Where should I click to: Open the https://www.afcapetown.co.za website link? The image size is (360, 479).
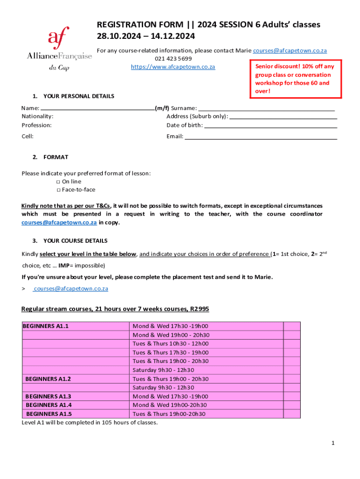pos(173,67)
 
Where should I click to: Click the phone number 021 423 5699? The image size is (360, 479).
pos(173,58)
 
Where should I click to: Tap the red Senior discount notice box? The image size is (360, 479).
pos(295,79)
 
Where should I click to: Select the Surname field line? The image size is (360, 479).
pos(266,108)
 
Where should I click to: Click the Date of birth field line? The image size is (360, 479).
pos(271,126)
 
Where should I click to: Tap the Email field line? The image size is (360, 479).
pos(260,138)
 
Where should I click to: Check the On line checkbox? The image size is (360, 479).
pos(59,181)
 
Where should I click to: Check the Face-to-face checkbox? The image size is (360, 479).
pos(59,190)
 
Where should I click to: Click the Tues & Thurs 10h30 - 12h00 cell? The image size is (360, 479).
pos(170,344)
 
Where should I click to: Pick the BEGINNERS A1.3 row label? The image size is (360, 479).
pos(48,396)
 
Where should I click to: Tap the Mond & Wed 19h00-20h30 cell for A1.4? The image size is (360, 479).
pos(170,405)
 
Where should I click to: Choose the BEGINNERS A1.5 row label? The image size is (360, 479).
pos(49,414)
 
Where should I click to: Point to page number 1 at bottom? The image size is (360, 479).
pos(332,443)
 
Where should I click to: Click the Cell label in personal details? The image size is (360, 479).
pos(27,137)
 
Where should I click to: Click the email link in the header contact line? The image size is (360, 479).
pos(289,50)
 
